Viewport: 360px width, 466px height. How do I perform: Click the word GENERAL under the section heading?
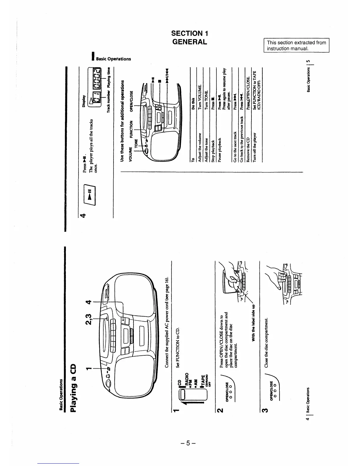[x=190, y=42]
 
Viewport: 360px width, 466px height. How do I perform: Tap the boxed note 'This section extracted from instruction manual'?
[x=296, y=45]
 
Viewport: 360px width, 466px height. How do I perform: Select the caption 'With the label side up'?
[x=253, y=322]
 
